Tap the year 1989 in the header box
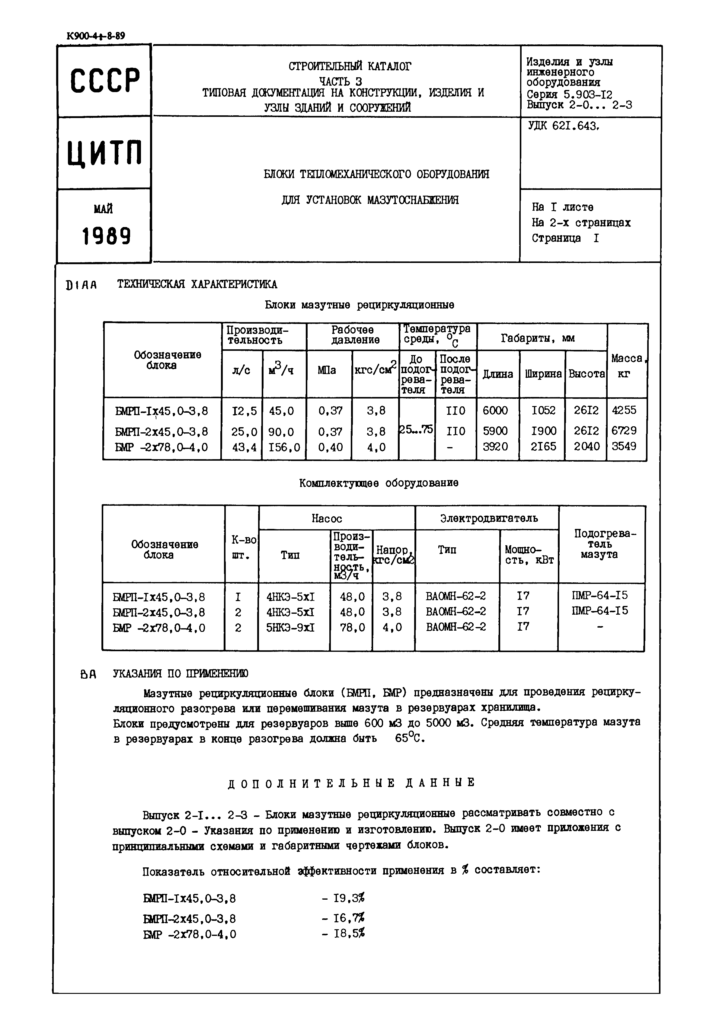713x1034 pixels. pos(106,235)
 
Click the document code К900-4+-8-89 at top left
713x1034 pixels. pos(96,36)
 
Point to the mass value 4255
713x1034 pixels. pos(624,410)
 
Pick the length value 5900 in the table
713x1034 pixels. pos(495,431)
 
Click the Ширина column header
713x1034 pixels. pos(543,374)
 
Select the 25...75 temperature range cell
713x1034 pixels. pos(416,429)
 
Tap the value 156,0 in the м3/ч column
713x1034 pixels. pos(284,447)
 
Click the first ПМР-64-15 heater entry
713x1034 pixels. pos(599,595)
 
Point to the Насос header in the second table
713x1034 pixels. pos(327,518)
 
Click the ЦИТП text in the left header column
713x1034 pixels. pos(105,153)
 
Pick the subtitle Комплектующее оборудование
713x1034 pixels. pos(379,483)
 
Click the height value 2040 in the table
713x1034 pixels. pos(586,447)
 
